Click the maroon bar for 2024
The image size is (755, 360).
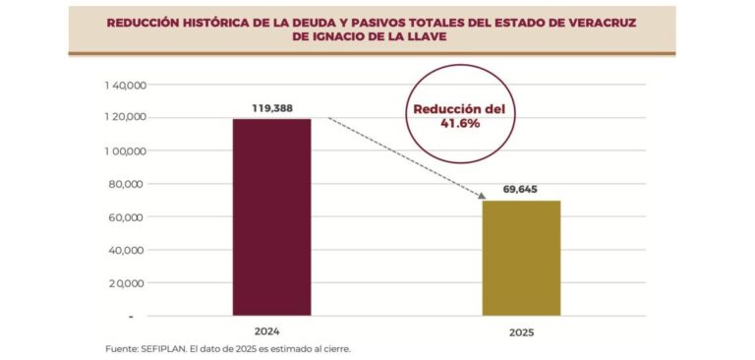271,216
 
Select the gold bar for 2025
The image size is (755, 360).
520,258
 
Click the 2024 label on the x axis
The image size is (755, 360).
271,331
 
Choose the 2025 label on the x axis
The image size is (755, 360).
520,332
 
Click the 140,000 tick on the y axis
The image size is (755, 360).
124,86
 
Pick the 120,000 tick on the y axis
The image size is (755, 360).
124,118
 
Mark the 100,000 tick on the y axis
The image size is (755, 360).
124,151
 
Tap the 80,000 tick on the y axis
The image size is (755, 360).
127,184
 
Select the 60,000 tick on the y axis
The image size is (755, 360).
127,217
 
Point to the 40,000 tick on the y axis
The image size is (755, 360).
127,250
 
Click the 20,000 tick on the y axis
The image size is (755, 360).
127,283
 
